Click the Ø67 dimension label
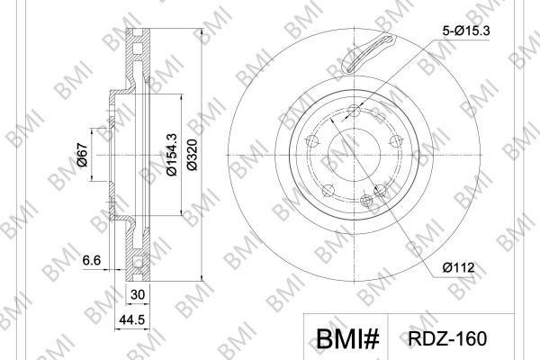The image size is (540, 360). coord(83,154)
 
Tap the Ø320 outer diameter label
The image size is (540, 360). coord(192,155)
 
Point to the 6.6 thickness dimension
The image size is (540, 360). coord(92,260)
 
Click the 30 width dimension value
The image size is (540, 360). coord(138,295)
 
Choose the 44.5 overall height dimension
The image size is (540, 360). coord(132,320)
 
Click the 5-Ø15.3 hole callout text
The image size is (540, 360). coord(466,31)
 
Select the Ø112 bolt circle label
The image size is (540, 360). coord(458,267)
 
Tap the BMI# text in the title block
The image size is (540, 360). coord(347,339)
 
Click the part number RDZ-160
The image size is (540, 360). coord(447,338)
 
